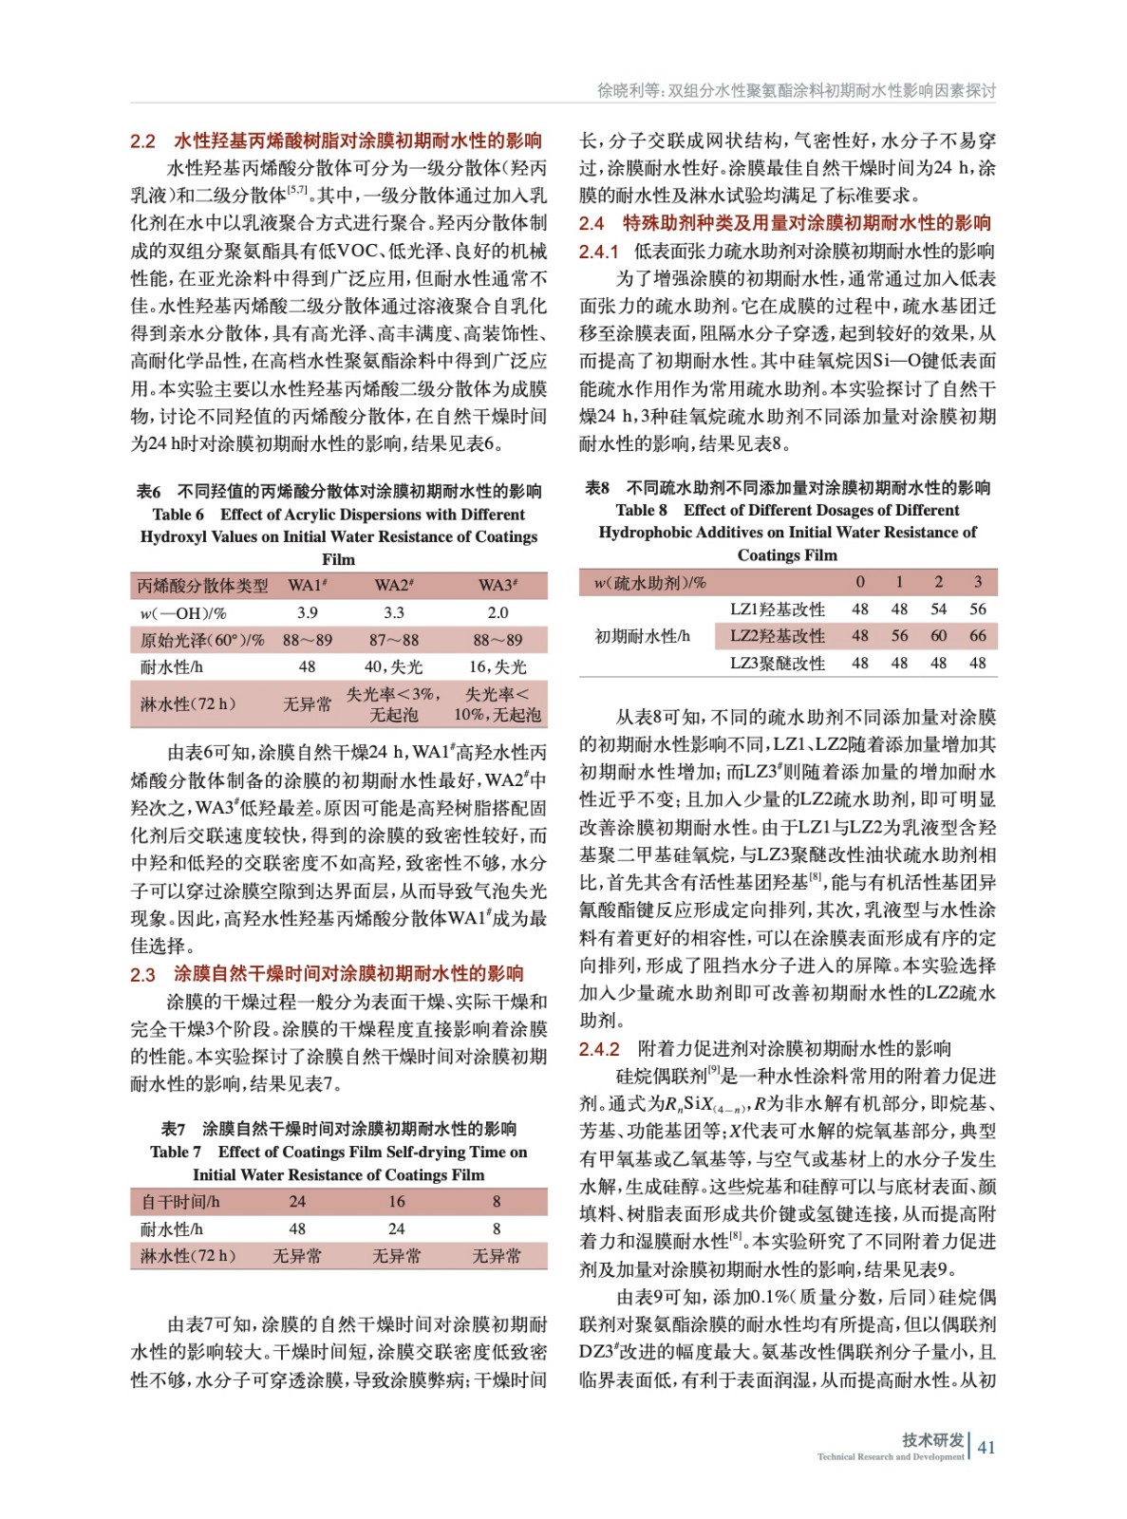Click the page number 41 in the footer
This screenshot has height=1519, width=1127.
coord(986,1447)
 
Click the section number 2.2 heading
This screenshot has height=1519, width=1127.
coord(142,141)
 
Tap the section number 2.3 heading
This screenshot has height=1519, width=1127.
coord(142,974)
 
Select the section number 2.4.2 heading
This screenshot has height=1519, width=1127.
coord(599,1049)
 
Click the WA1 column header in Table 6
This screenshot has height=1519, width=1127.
coord(308,585)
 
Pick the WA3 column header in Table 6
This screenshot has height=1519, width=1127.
coord(498,585)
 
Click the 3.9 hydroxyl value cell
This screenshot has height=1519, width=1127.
coord(307,613)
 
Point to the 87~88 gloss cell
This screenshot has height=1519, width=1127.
coord(394,640)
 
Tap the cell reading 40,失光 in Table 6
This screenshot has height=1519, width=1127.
coord(394,667)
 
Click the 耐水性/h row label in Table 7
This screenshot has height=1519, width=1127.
coord(172,1228)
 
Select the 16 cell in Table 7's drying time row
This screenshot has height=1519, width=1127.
coord(397,1201)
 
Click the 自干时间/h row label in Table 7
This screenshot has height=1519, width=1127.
coord(180,1201)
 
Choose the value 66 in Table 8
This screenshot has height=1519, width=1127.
coord(977,636)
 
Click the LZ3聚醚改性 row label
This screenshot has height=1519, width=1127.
coord(778,663)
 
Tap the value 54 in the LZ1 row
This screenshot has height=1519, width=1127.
coord(938,609)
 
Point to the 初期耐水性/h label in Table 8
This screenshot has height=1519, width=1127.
coord(643,636)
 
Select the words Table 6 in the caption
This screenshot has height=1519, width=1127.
coord(178,515)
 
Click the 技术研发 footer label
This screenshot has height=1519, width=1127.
coord(932,1439)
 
